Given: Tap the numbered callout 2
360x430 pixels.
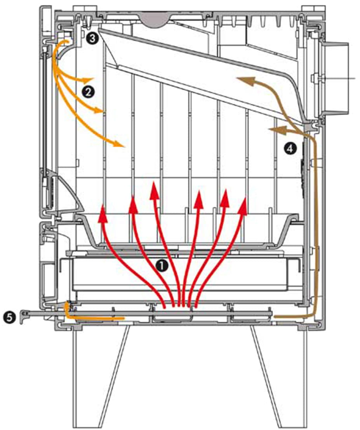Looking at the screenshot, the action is click(x=88, y=92).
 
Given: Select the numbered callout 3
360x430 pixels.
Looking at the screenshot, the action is click(x=92, y=38).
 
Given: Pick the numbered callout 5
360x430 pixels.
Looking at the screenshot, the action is click(x=9, y=318).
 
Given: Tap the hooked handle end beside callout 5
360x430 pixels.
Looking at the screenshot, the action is click(x=25, y=315).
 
